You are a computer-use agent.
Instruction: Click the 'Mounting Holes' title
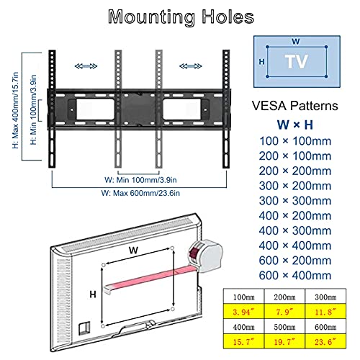tap(181, 17)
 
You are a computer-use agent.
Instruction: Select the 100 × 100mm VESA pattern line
tap(295, 141)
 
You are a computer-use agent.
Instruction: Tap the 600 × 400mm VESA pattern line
tap(295, 275)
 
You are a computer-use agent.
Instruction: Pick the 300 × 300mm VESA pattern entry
tap(295, 201)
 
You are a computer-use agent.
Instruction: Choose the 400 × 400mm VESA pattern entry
tap(295, 246)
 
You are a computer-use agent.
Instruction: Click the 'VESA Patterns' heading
tap(295, 106)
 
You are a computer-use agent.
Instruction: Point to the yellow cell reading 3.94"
tap(243, 312)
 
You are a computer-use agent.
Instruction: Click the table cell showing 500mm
tap(284, 327)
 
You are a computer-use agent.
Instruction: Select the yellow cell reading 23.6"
tap(325, 341)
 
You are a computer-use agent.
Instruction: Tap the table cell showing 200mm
tap(284, 297)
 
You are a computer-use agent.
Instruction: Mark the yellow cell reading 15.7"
tap(243, 341)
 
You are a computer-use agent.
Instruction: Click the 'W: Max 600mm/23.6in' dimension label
tap(140, 193)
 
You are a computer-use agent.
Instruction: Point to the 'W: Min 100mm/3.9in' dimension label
tap(140, 180)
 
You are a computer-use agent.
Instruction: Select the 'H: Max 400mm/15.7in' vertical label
tap(16, 110)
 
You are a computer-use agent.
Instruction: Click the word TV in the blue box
tap(297, 62)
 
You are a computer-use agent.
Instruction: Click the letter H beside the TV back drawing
tap(93, 294)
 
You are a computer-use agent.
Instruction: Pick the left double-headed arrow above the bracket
tap(86, 66)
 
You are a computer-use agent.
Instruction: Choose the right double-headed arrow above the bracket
tap(191, 66)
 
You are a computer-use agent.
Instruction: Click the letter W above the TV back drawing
tap(133, 251)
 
